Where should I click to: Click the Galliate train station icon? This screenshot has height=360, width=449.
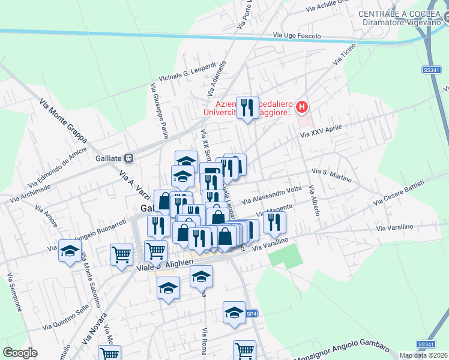pos(127,158)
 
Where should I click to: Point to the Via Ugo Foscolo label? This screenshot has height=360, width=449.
pos(297,36)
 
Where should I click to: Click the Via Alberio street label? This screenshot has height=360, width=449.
pos(315,201)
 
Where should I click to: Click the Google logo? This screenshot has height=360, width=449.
pos(20,353)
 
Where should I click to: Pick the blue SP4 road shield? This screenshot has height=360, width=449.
pos(253,313)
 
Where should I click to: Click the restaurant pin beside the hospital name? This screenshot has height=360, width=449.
pos(247,108)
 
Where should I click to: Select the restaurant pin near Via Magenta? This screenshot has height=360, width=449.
pos(274,222)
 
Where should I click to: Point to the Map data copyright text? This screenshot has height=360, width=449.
pos(423,355)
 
